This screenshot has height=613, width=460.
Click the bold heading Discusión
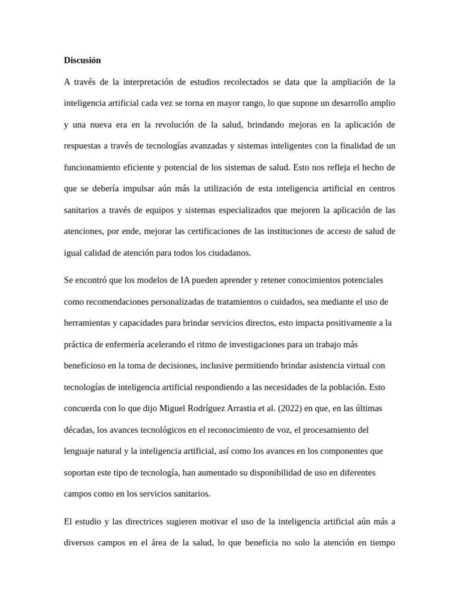click(82, 60)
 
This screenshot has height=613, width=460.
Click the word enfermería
click(129, 344)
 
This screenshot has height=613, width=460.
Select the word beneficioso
click(86, 365)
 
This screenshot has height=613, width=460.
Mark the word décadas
click(78, 430)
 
